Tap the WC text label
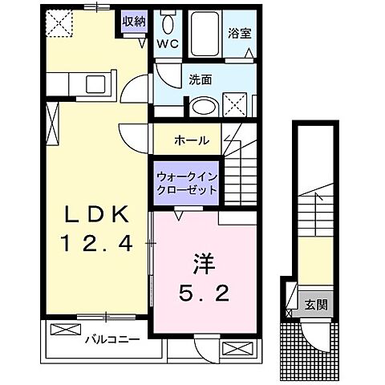coord(167,44)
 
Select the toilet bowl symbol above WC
coord(167,21)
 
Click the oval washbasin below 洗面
coord(202,106)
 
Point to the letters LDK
coord(96,214)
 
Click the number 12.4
coord(95,243)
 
